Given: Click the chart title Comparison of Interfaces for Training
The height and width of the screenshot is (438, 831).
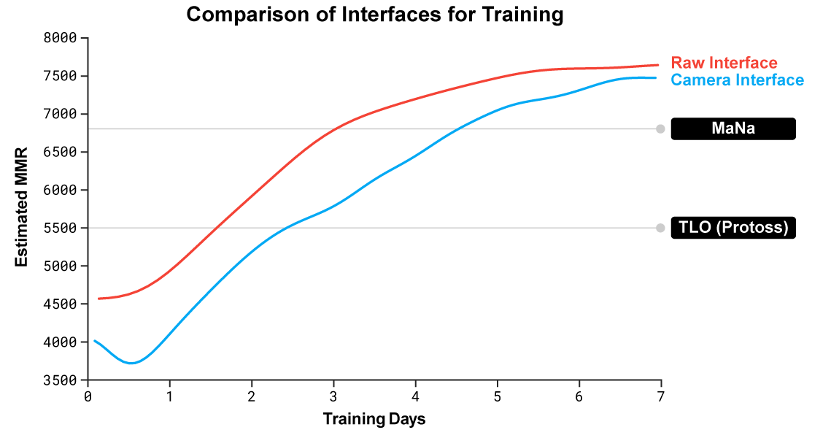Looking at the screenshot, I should click(x=375, y=15).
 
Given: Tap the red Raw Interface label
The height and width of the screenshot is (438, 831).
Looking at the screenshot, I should click(x=724, y=64).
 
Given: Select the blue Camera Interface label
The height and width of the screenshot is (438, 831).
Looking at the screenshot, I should click(x=737, y=80).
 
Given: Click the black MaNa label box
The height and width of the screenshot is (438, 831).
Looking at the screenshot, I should click(x=733, y=129).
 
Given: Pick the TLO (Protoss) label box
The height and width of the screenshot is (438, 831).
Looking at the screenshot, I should click(x=733, y=228).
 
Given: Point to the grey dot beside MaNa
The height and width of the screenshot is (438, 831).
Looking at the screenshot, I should click(x=660, y=129).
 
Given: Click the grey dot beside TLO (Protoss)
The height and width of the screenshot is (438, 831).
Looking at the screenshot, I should click(x=660, y=228).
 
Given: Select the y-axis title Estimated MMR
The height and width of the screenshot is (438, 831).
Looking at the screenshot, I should click(x=22, y=207).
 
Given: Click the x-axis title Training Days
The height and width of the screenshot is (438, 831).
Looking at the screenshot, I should click(x=374, y=419).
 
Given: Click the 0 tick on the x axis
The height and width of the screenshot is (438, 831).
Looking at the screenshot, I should click(x=88, y=396).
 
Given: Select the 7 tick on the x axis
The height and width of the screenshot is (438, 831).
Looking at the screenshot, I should click(x=661, y=396).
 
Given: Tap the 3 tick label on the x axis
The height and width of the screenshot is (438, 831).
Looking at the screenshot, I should click(x=333, y=396).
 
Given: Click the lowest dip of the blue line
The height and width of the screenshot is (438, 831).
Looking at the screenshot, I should click(x=131, y=363).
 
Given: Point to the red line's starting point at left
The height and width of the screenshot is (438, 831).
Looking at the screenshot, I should click(x=98, y=299).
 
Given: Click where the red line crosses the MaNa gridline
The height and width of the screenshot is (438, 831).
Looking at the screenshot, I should click(x=335, y=129).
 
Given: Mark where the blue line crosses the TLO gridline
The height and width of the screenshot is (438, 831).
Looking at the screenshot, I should click(x=288, y=228).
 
